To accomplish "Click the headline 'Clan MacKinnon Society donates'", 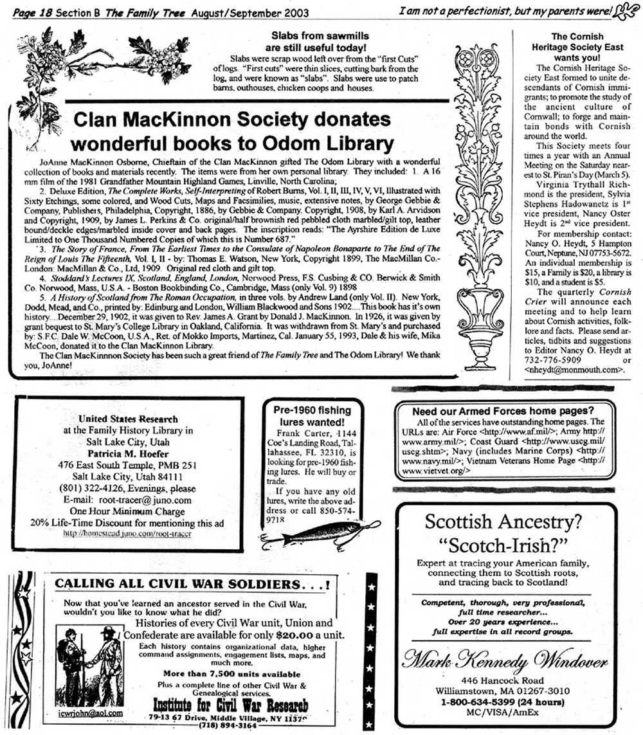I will (x=232, y=120).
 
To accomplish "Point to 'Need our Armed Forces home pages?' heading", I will (x=502, y=410).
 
